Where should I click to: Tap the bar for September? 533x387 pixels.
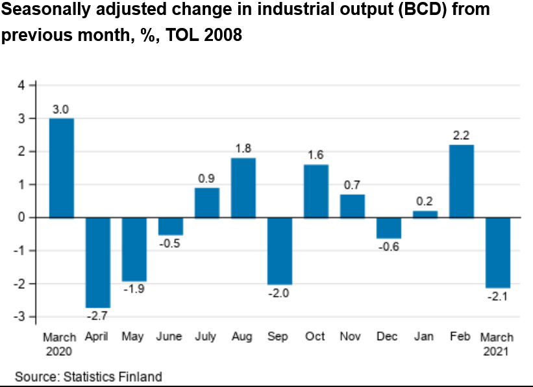[x=279, y=251]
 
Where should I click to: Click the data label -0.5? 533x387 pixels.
[x=170, y=244]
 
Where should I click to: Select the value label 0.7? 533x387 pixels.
[x=352, y=184]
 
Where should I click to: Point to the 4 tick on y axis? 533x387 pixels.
[x=21, y=85]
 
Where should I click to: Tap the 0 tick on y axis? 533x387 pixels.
[x=21, y=217]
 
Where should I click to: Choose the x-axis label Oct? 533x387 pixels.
[x=316, y=337]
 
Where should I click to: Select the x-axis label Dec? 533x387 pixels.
[x=388, y=337]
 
